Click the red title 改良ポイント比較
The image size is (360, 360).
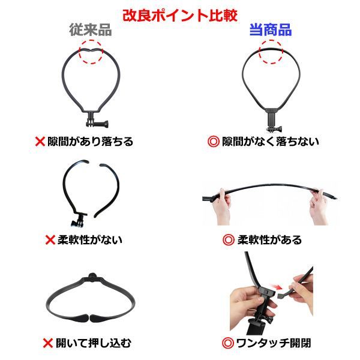click(180, 16)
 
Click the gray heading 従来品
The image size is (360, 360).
click(91, 30)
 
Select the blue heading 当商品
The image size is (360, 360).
click(271, 30)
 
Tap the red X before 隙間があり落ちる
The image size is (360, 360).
click(40, 142)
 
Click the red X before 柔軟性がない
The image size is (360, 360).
click(50, 240)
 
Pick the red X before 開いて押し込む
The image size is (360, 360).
click(48, 343)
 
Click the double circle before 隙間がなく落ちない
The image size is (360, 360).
click(214, 142)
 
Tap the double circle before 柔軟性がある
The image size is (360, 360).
click(229, 240)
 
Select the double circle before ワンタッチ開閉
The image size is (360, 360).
click(228, 343)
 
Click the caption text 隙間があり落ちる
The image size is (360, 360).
click(90, 142)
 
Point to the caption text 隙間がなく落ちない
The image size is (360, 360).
click(271, 142)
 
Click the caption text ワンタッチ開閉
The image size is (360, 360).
click(274, 343)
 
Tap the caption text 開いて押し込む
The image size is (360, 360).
click(94, 343)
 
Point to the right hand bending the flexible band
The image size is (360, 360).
click(319, 207)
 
